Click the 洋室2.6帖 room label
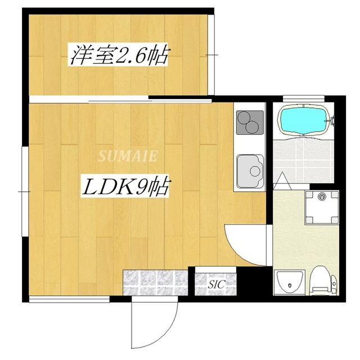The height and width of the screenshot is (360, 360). coord(119,56)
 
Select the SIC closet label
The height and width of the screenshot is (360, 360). coord(217,285)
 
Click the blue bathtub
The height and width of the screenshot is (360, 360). coord(304,120)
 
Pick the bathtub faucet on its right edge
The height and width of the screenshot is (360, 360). coord(332,119)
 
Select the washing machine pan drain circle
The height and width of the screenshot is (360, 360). coord(322,196)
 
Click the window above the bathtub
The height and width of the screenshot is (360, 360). coord(304,100)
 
